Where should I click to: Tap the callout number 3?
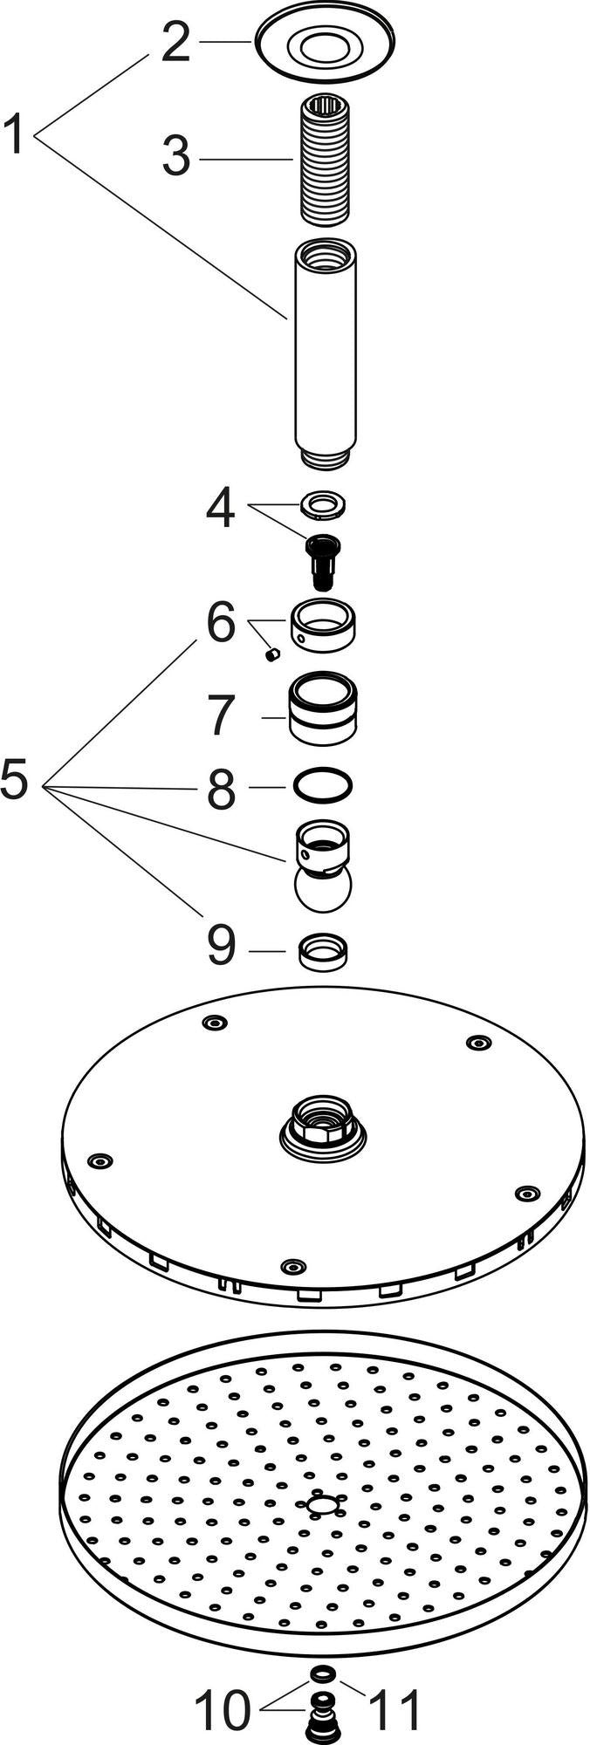pyautogui.click(x=175, y=158)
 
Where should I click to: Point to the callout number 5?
pyautogui.click(x=15, y=779)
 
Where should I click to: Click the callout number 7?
pyautogui.click(x=222, y=716)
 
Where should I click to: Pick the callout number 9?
pyautogui.click(x=222, y=946)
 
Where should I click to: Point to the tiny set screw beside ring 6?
pyautogui.click(x=271, y=654)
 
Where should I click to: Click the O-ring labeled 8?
pyautogui.click(x=322, y=785)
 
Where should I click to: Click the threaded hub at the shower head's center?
pyautogui.click(x=322, y=1126)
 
